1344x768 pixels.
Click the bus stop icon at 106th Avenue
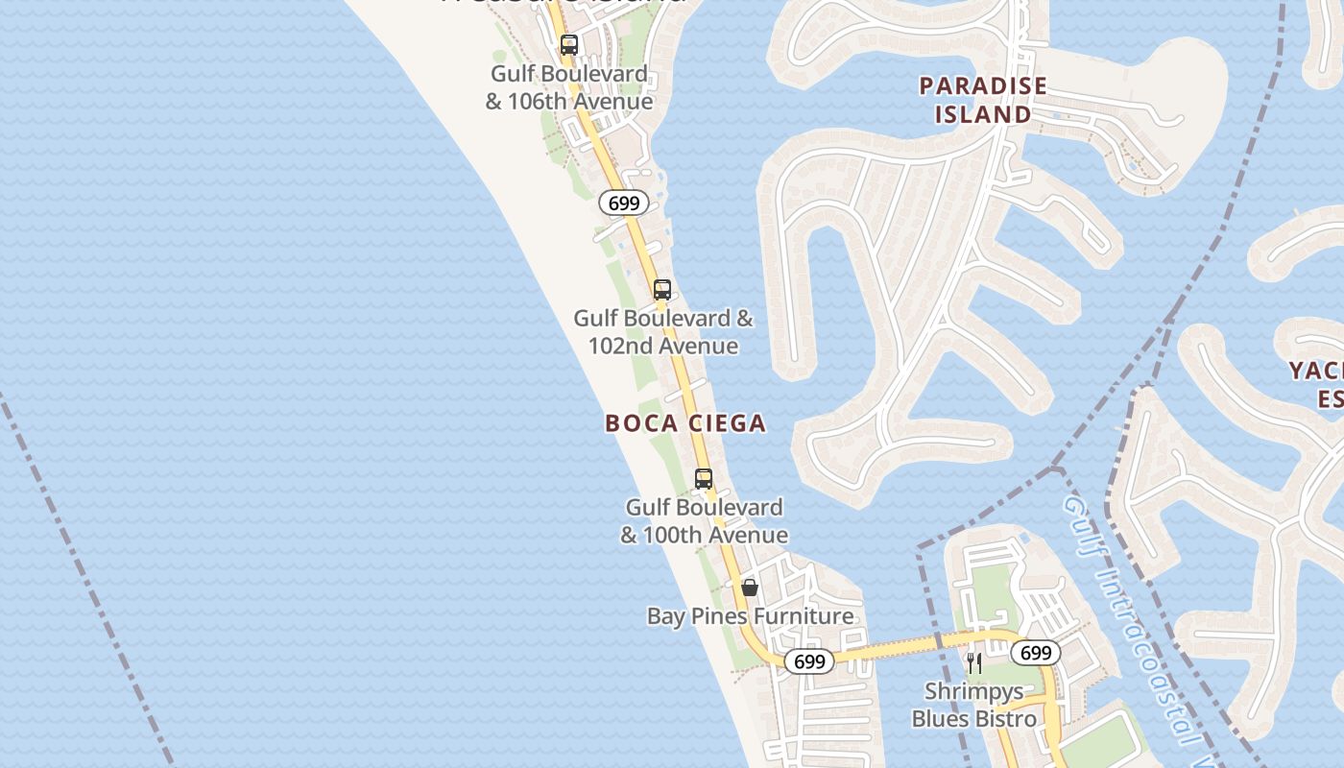click(569, 45)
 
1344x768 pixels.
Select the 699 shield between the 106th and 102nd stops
click(624, 203)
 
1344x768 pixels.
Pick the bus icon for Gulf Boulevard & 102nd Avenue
click(661, 290)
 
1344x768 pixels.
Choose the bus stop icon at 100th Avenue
click(704, 479)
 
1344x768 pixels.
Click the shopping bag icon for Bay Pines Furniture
click(750, 588)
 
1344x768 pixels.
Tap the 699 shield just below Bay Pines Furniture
click(809, 661)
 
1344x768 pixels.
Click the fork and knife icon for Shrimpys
click(973, 662)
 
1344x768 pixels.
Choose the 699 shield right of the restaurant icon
click(1036, 654)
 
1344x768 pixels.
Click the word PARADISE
click(982, 86)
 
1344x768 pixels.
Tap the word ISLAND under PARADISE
click(982, 115)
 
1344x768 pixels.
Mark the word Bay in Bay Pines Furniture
click(666, 616)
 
